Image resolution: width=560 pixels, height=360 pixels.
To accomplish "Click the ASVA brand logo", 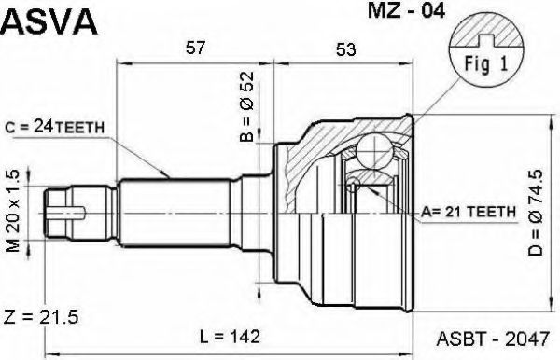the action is (x=49, y=21).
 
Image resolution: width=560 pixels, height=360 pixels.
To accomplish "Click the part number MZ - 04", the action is (x=406, y=11).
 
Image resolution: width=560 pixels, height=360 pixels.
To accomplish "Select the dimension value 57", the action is (x=196, y=48).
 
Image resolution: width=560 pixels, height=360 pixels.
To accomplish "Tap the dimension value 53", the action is (x=345, y=49).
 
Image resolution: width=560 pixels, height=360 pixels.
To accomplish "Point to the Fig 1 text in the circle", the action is (x=485, y=64).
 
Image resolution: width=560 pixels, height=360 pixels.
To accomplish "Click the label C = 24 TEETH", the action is (x=55, y=127).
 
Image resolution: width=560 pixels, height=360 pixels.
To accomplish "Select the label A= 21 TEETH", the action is (x=469, y=212).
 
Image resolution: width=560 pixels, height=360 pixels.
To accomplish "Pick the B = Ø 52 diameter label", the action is (x=246, y=106).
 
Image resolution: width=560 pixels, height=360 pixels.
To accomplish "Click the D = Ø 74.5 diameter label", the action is (x=536, y=213).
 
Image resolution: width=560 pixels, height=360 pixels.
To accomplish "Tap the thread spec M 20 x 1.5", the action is (x=13, y=211).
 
